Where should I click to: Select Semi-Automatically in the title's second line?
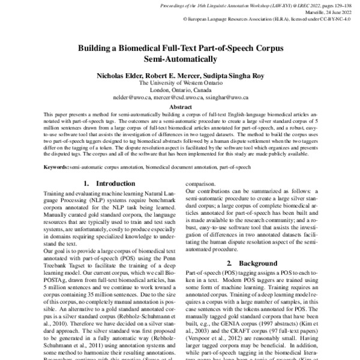point(179,59)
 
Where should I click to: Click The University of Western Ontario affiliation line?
point(179,83)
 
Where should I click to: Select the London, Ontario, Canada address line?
point(179,90)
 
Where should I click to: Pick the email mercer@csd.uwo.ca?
point(178,97)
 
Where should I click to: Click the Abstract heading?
point(179,105)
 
